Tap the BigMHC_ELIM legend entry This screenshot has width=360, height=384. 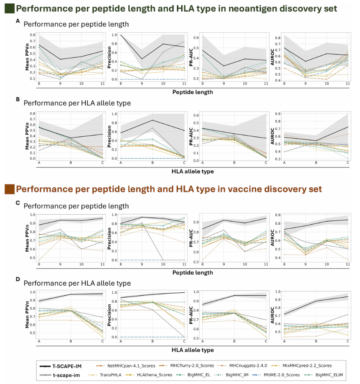(326, 375)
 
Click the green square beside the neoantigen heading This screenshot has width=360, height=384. (9, 8)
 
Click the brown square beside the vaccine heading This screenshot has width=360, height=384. (9, 189)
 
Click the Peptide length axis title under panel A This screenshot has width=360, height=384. (192, 92)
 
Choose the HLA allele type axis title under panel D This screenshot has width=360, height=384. (192, 350)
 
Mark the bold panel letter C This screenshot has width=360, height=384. (17, 203)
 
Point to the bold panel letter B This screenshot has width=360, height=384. (17, 99)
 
